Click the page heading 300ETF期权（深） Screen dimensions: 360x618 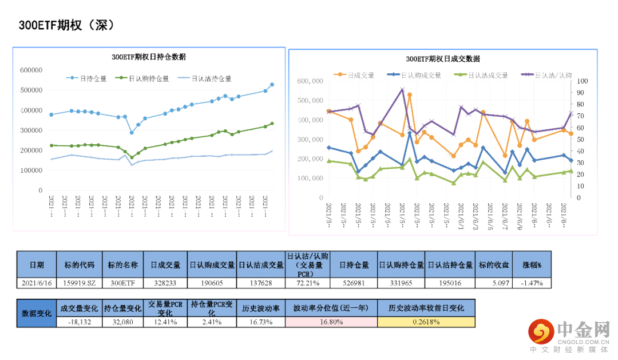point(67,25)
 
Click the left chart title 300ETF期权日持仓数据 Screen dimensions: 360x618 point(148,57)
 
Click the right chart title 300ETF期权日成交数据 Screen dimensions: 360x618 point(443,58)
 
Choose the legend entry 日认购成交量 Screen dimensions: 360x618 point(421,74)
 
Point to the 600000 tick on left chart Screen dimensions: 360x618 point(31,70)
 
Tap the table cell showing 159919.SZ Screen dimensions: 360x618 point(80,283)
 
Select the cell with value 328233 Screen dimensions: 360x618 point(165,283)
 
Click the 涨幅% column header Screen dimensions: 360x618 point(532,265)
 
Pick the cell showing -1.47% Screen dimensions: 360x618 point(532,283)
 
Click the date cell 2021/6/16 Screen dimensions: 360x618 point(37,283)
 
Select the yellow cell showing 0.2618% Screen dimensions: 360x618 point(426,322)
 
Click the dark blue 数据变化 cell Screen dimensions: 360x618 point(37,313)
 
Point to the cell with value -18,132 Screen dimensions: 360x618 point(80,322)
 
